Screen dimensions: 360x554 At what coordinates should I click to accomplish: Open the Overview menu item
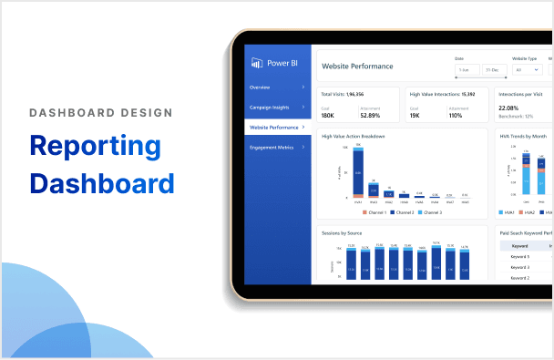pos(260,87)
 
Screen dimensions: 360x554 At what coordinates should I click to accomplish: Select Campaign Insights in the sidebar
pos(269,108)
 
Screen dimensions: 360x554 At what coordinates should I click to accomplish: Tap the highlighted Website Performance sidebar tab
pos(273,128)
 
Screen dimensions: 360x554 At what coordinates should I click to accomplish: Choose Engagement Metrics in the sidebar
pos(272,147)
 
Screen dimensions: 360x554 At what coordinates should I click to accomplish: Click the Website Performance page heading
pos(358,66)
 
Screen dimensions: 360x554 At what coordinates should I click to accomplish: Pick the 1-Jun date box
pos(466,70)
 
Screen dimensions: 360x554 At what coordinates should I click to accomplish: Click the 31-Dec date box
pos(492,70)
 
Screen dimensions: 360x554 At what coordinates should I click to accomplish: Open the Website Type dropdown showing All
pos(527,70)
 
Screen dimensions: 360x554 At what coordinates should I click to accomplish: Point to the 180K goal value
pos(328,115)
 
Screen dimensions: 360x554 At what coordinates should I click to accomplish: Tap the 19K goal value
pos(416,115)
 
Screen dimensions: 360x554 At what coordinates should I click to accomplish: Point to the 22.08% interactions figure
pos(509,108)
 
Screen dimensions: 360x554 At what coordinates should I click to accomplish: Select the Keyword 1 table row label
pos(521,256)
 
